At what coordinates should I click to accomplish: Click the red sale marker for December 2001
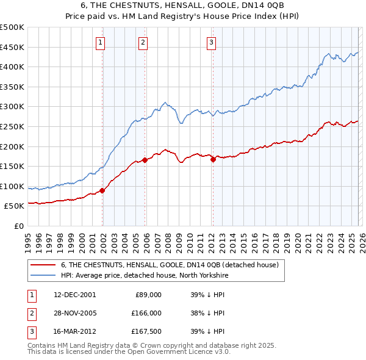[x=102, y=190]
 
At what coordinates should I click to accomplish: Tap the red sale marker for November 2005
[x=145, y=160]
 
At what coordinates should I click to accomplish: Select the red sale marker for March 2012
[x=213, y=159]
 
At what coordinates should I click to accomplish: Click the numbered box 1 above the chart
[x=99, y=42]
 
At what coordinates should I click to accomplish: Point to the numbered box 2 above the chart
[x=142, y=42]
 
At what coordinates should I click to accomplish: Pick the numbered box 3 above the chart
[x=210, y=42]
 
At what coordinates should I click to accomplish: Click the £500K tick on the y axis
[x=13, y=27]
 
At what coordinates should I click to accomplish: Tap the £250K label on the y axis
[x=13, y=127]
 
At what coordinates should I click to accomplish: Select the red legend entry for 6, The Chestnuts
[x=170, y=265]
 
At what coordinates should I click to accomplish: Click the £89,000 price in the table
[x=148, y=294]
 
